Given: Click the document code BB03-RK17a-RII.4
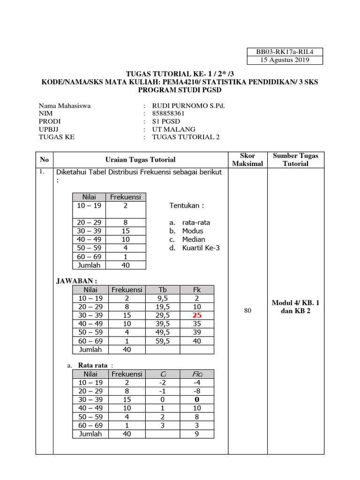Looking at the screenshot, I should point(285,52).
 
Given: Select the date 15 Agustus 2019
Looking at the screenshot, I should point(285,60).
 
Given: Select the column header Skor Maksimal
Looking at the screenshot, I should point(247,159).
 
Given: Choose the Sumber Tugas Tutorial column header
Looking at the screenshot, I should point(295,159).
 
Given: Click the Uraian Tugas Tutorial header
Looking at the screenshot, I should point(141,160).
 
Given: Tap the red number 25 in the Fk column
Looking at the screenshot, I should point(197,315).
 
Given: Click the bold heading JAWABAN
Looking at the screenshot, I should point(76,280).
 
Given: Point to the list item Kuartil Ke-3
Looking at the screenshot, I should point(201,248).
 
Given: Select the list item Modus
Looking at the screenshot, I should point(193,231).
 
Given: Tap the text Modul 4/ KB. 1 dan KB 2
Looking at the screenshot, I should point(295,307).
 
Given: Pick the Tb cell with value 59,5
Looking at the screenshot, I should point(163,341).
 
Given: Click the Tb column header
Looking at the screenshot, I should point(163,290).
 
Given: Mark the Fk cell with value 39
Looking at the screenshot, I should point(197,332).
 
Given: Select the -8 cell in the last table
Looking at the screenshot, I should point(197,391).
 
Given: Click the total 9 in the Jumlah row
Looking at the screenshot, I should point(197,434).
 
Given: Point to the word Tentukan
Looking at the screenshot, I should point(187,206).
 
